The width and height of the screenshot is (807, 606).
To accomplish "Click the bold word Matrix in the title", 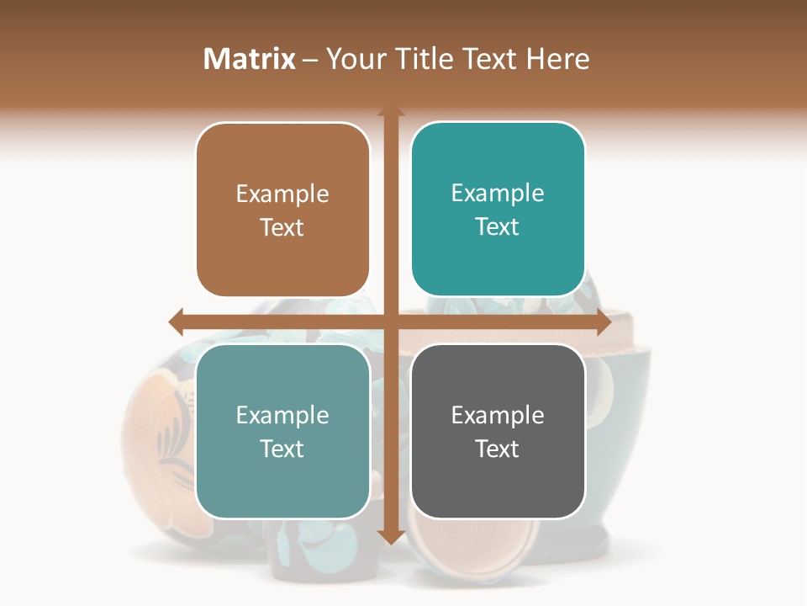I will coord(250,59).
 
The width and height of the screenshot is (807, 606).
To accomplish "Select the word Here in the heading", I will coord(558,59).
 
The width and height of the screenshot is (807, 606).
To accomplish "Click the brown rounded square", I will coord(282,210).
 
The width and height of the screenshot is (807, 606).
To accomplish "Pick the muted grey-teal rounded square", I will coord(282,431).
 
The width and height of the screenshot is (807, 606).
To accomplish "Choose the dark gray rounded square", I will coord(498,431).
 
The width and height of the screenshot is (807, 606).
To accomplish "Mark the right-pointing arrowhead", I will coord(603,322).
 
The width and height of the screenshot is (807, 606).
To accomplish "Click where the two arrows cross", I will coord(390,322).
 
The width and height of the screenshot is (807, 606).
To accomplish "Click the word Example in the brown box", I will coord(282,194).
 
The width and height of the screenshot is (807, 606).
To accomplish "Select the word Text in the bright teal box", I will coord(498,227).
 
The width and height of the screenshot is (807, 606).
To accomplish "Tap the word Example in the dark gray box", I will coord(498,415).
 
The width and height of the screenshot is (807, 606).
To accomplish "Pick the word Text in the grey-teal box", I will coord(282,449).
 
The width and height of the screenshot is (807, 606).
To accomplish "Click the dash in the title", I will coord(310,60).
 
